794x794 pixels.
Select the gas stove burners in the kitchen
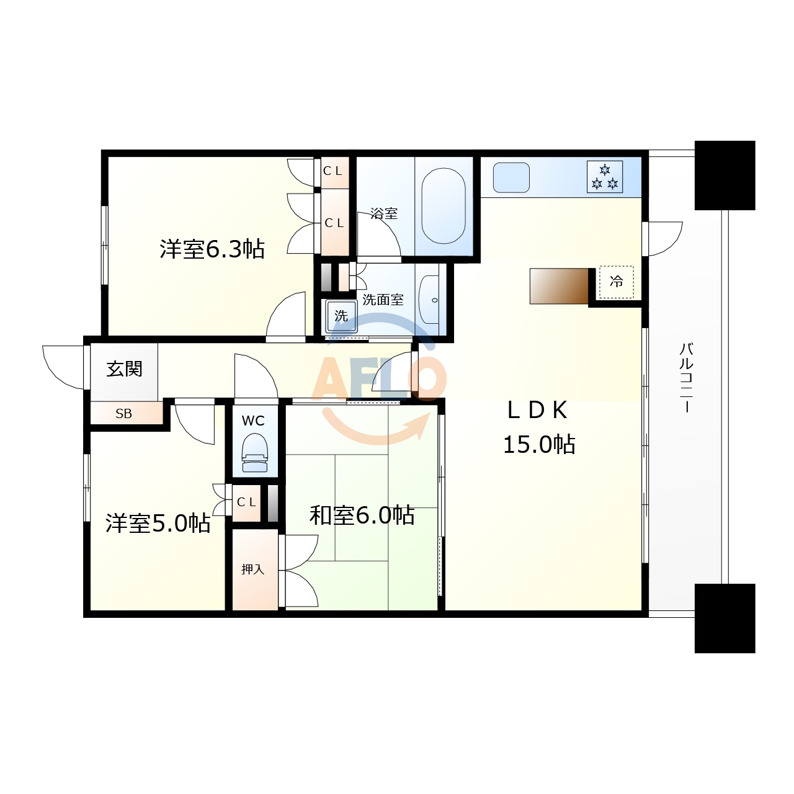click(x=605, y=176)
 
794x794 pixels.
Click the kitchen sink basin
click(x=511, y=177)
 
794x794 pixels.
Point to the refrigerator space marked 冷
click(x=616, y=282)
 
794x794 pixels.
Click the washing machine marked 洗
click(x=341, y=316)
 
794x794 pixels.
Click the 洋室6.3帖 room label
click(x=212, y=249)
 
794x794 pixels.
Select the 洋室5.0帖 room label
click(x=158, y=523)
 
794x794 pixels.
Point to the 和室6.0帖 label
click(x=362, y=515)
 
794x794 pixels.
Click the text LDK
click(x=537, y=410)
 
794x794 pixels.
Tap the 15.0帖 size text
click(x=538, y=444)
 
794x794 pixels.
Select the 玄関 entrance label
click(x=124, y=369)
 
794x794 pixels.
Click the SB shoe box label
click(x=123, y=414)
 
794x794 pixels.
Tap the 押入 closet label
click(x=252, y=569)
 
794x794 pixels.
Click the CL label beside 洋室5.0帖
click(x=246, y=502)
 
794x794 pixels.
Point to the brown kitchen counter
click(x=559, y=286)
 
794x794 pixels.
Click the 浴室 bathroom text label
click(x=383, y=213)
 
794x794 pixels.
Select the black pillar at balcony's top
click(x=725, y=175)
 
